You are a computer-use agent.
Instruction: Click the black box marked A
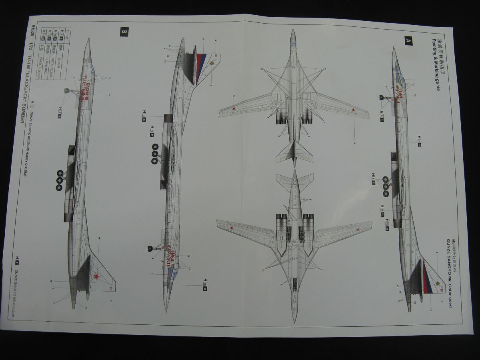[408, 40]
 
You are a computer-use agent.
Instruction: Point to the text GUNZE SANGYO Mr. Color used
[449, 272]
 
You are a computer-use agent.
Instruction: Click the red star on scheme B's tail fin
[96, 276]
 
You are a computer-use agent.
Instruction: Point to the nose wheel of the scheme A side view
[384, 98]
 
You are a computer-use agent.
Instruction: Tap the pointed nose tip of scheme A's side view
[394, 47]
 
